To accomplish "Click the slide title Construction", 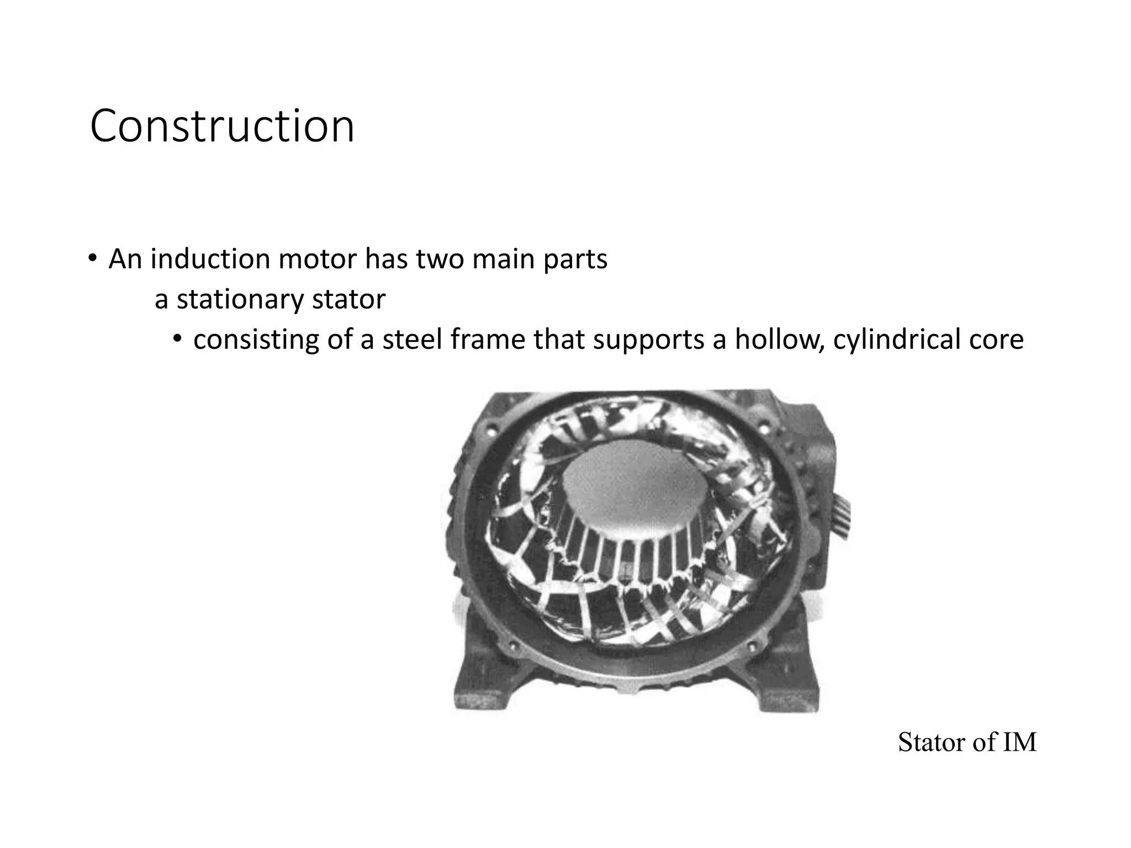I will [221, 127].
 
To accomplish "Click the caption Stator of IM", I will [967, 743].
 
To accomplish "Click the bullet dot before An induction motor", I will [93, 258].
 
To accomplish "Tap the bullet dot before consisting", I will [176, 339].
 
